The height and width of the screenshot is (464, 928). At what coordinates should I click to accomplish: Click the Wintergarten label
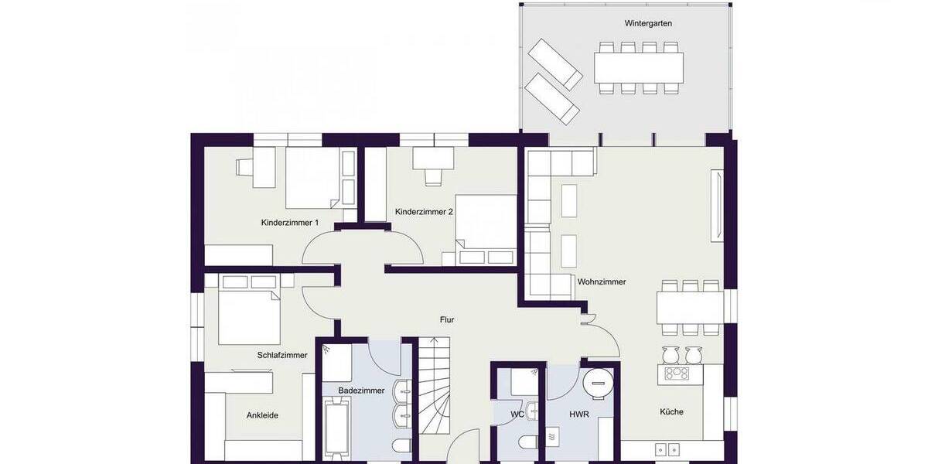tap(648, 23)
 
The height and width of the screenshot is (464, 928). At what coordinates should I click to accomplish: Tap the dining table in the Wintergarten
tap(639, 67)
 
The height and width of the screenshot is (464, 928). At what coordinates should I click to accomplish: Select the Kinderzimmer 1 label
tap(290, 223)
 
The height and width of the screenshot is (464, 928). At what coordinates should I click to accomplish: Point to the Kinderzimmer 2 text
tap(423, 211)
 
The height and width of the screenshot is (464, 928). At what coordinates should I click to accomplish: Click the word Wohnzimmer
tap(602, 282)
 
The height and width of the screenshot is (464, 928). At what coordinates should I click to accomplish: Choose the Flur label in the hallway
tap(447, 319)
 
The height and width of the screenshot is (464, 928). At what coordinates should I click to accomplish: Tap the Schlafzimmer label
tap(282, 355)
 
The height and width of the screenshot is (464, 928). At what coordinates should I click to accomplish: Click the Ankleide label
tap(262, 415)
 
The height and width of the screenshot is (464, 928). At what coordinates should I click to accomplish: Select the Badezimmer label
tap(361, 391)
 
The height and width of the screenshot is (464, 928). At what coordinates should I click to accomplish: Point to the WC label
tap(517, 415)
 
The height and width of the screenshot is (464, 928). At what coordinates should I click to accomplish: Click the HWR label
tap(579, 415)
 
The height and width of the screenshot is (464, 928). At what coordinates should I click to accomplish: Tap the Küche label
tap(672, 411)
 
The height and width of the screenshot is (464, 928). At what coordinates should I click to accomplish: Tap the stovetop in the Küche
tap(677, 374)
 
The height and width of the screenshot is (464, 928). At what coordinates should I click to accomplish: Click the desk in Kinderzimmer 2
tap(432, 158)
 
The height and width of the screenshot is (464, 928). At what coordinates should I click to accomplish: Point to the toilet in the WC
tap(528, 445)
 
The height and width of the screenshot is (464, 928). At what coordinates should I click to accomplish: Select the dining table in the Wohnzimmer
tap(690, 307)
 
